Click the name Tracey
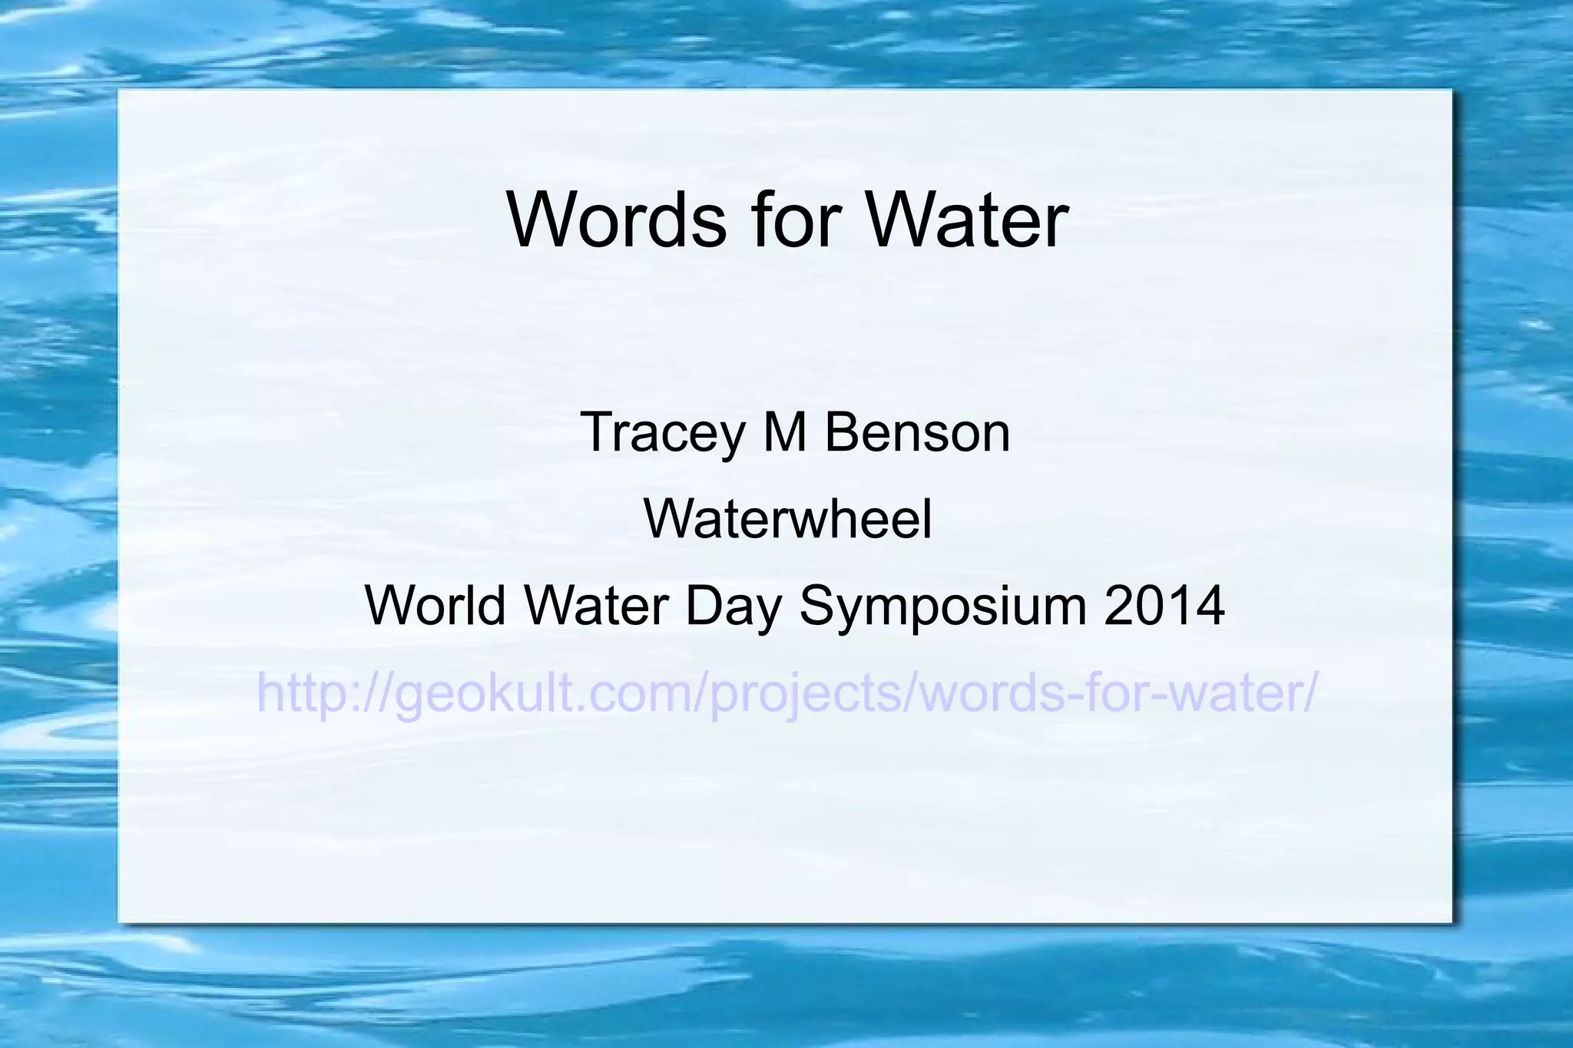click(x=662, y=434)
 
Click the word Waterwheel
click(x=788, y=519)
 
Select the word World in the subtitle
click(x=435, y=606)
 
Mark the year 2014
click(x=1164, y=606)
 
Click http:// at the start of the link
click(x=323, y=693)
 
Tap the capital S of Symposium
click(x=817, y=606)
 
